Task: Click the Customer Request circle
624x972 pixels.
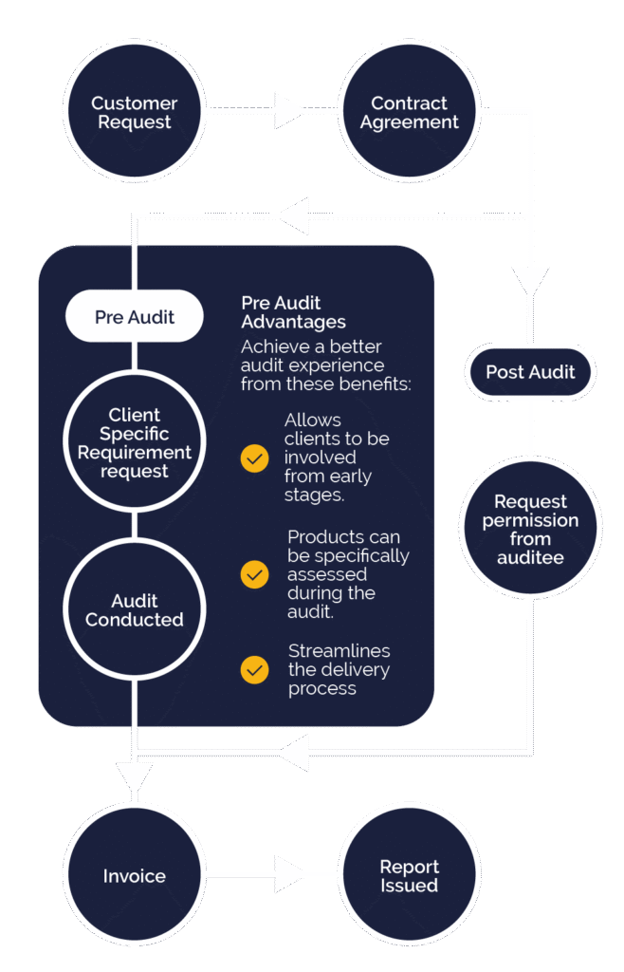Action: click(134, 113)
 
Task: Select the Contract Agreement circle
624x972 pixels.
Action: click(409, 113)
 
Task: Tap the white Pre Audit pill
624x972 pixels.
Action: click(134, 317)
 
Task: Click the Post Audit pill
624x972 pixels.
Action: click(530, 372)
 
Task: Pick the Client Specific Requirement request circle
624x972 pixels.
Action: click(134, 442)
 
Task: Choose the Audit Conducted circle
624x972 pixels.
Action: click(134, 609)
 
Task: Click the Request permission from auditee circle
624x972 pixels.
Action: click(530, 529)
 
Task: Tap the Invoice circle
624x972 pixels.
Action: click(134, 876)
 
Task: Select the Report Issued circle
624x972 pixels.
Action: click(409, 876)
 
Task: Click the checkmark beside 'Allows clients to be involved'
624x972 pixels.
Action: click(254, 459)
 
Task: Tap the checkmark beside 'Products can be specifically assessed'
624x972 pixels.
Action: click(254, 574)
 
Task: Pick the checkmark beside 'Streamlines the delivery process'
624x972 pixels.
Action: click(254, 669)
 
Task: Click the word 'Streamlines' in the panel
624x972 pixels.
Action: click(339, 650)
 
